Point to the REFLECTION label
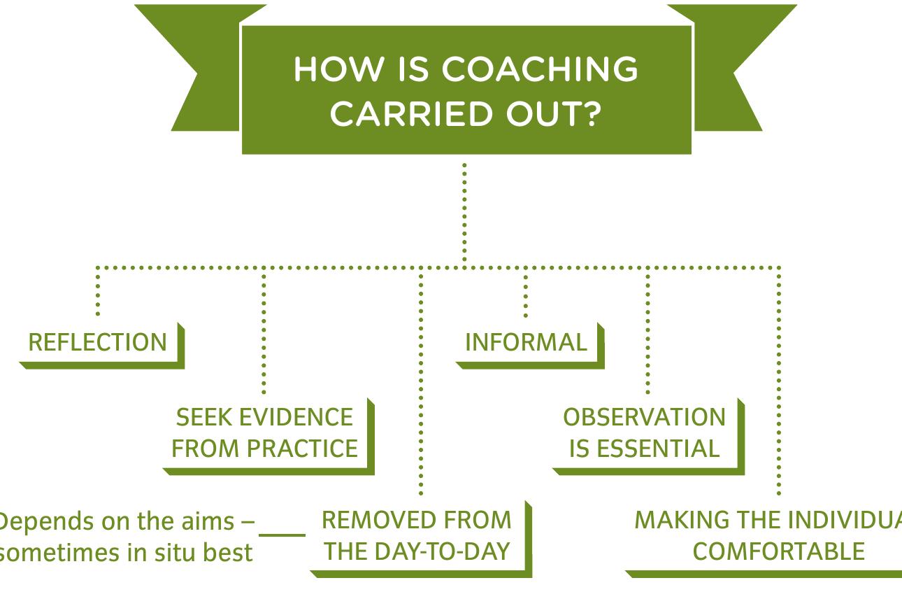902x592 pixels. click(98, 342)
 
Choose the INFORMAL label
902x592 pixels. click(526, 342)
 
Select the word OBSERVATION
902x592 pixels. click(644, 417)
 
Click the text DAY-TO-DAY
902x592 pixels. click(450, 551)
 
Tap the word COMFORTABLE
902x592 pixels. click(778, 551)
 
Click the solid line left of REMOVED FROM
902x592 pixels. click(282, 535)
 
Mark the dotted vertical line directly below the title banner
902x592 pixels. click(464, 210)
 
